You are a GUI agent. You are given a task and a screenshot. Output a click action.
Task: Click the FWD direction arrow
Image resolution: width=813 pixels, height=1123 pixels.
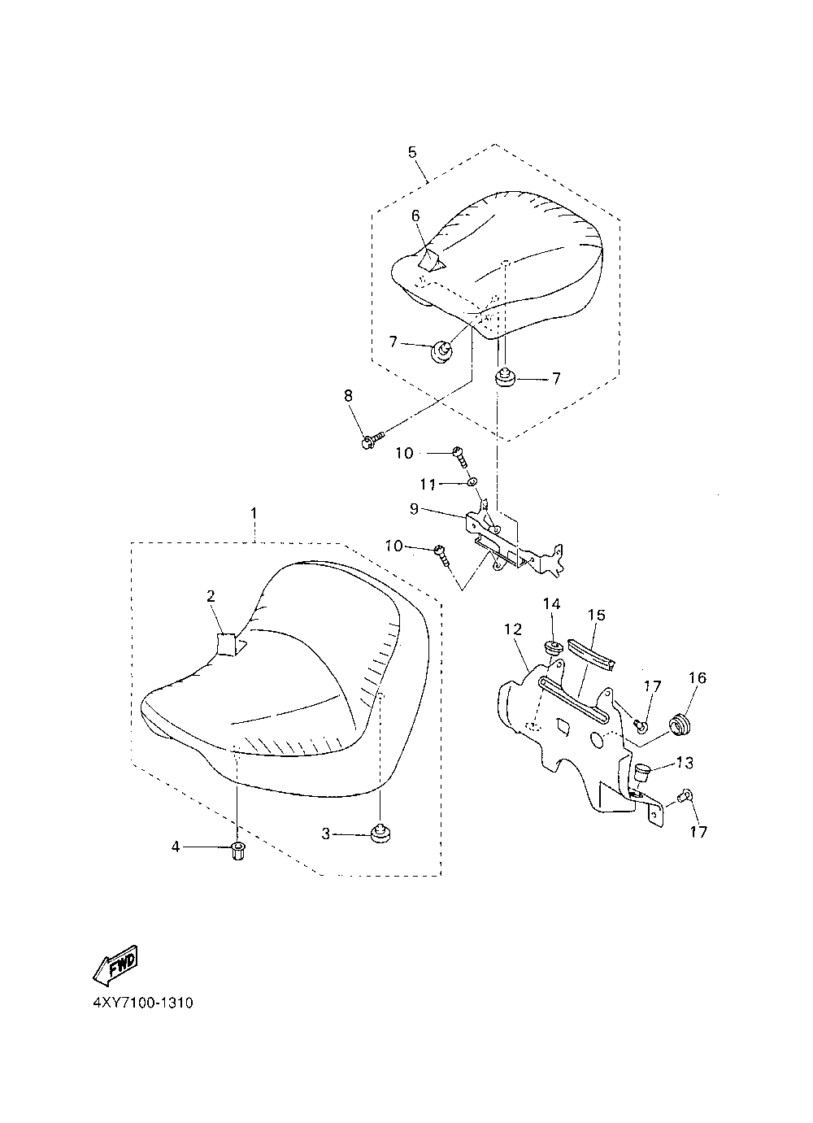(x=115, y=963)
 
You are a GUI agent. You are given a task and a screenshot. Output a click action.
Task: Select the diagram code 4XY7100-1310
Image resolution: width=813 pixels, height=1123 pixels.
(x=143, y=1003)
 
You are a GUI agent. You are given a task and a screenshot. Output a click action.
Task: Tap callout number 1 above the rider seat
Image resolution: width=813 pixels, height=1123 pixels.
(x=254, y=513)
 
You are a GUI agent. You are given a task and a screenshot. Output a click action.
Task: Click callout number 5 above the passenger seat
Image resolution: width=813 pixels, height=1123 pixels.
(x=412, y=152)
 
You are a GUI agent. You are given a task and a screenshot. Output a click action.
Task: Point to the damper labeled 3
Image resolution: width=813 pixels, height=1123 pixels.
(x=378, y=833)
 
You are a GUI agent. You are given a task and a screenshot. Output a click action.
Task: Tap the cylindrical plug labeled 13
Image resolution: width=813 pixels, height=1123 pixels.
(x=643, y=769)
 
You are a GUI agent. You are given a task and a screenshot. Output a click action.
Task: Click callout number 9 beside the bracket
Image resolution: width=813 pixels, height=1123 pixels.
(x=415, y=510)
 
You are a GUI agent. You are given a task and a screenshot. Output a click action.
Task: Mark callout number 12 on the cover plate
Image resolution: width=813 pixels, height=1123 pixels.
(x=512, y=629)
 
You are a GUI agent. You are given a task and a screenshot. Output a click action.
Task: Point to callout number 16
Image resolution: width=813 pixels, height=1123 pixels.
(x=698, y=678)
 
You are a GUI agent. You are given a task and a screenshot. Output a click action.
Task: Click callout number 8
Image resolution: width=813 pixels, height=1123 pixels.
(x=348, y=396)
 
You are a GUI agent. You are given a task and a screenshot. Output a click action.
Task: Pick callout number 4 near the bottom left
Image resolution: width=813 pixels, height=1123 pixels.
(x=175, y=847)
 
